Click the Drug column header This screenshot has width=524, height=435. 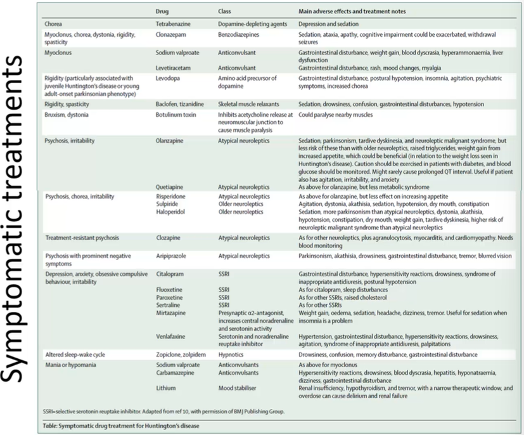[x=163, y=11]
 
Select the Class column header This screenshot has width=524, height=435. [x=225, y=11]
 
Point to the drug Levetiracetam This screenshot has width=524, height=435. [x=175, y=67]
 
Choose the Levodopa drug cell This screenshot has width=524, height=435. [x=168, y=77]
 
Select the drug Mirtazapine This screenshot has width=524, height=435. [x=173, y=313]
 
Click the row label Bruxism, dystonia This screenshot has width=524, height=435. [x=67, y=115]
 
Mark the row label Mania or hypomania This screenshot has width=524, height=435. [x=70, y=365]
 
